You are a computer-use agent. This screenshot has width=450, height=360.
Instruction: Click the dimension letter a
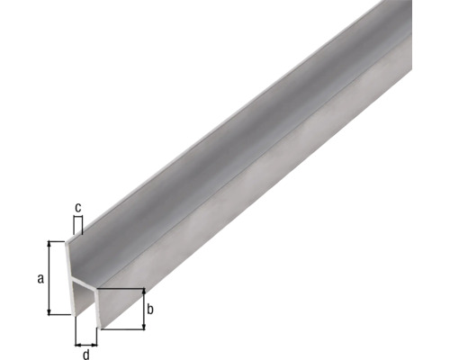coord(40,278)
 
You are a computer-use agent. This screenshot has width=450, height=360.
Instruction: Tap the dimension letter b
coord(151,310)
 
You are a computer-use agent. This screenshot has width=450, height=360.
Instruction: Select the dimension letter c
coord(78,208)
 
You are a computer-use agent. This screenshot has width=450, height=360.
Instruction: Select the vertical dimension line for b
coord(142,310)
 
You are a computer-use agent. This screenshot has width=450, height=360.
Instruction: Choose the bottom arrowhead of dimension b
coord(142,326)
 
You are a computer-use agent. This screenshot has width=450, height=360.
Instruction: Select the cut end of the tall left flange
coord(74,270)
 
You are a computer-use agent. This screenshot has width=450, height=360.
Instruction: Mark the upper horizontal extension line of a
coord(59,241)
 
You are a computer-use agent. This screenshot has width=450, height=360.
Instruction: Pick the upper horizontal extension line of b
coord(121,289)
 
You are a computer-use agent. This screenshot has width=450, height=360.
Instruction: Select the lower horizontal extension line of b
coord(121,329)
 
